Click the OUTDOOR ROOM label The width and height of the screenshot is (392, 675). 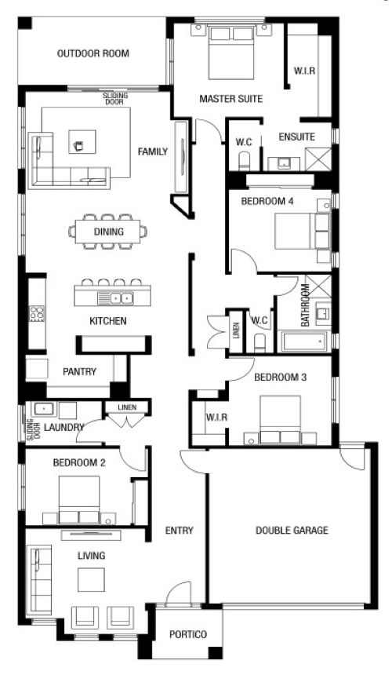(93, 53)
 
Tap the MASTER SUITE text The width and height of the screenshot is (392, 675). (230, 99)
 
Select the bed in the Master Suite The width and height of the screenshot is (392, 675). (230, 53)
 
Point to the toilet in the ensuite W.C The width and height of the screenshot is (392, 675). (245, 160)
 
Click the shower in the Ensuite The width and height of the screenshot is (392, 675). (318, 159)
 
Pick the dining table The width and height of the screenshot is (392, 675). (108, 232)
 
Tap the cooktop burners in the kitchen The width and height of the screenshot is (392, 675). (37, 313)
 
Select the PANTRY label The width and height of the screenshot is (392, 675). (79, 371)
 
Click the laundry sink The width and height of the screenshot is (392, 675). (43, 409)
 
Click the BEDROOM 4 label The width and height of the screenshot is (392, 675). (267, 201)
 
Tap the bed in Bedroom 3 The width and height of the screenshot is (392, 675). (280, 420)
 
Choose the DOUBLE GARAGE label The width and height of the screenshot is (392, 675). (292, 531)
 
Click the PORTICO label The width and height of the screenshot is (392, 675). (188, 634)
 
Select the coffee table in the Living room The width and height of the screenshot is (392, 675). (91, 580)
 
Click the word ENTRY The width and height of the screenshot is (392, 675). (180, 531)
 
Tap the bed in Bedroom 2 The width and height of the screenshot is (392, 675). (79, 499)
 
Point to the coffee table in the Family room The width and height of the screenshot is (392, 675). (82, 141)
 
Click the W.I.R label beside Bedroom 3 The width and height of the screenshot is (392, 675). (216, 417)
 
